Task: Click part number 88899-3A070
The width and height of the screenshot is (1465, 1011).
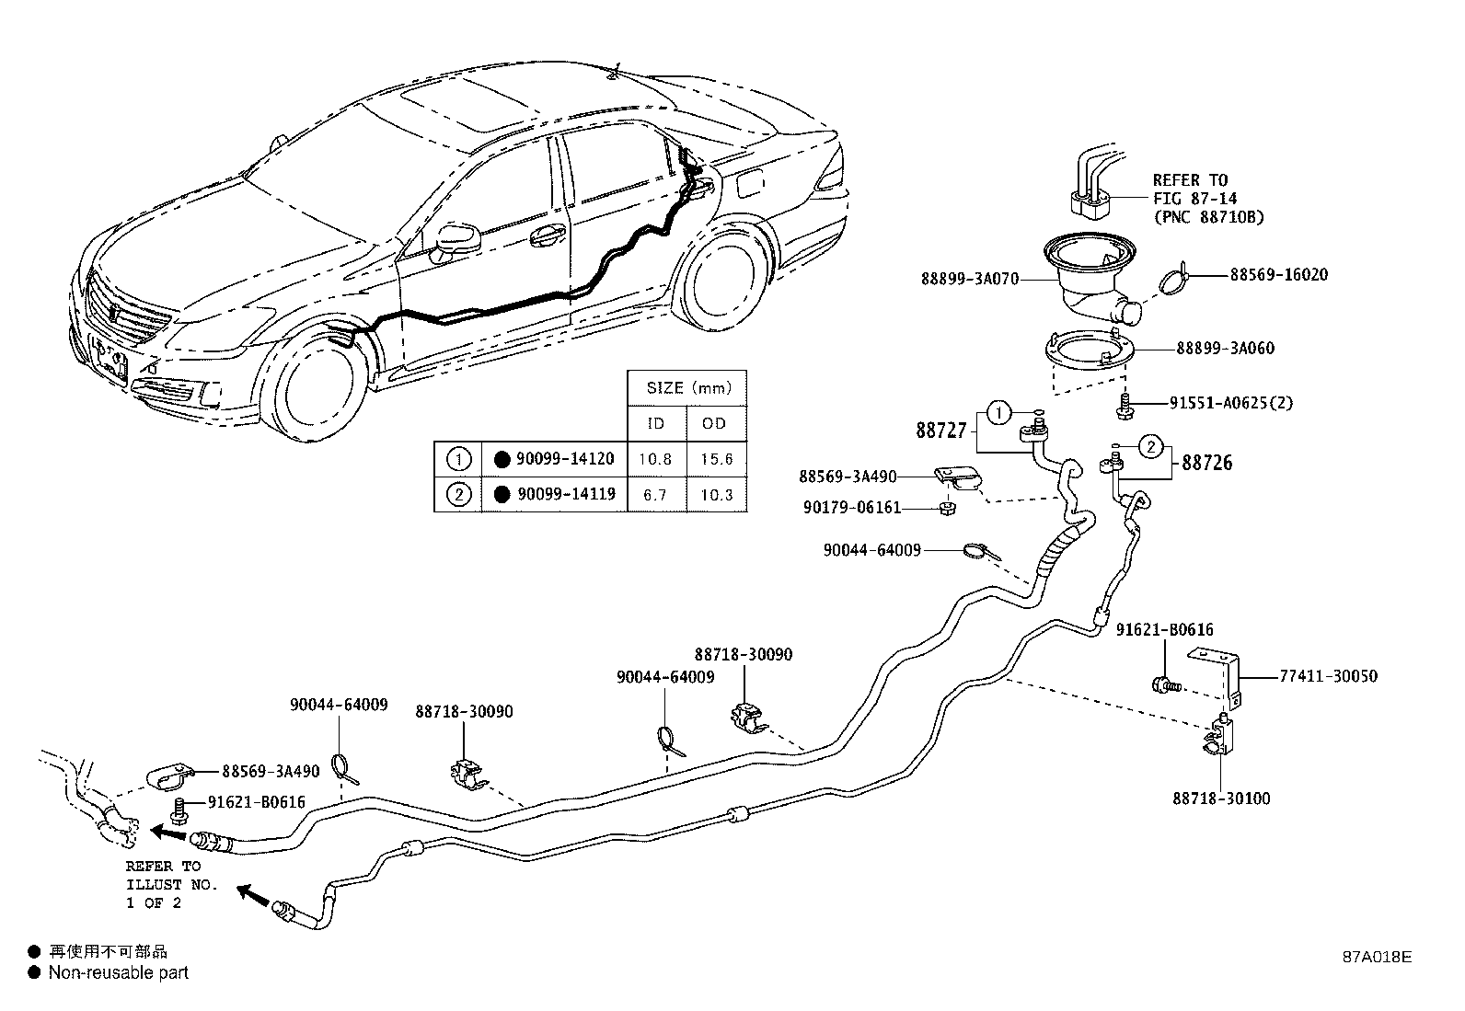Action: (969, 278)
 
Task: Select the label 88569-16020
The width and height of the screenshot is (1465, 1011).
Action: (1278, 275)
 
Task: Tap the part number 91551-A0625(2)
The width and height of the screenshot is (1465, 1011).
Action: (1230, 403)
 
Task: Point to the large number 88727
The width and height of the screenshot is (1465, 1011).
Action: (940, 430)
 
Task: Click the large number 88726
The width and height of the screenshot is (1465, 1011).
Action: (1207, 463)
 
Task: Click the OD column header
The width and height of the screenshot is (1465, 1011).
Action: (714, 423)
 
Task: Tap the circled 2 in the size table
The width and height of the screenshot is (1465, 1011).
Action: (458, 494)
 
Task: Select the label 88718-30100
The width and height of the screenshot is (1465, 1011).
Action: (1221, 798)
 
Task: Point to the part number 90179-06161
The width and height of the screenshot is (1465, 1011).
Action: (849, 508)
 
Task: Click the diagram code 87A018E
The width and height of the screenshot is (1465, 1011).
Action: (1375, 956)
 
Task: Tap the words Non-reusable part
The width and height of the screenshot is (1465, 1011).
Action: (118, 972)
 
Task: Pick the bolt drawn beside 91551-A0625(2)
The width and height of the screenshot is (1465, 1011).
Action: (1125, 403)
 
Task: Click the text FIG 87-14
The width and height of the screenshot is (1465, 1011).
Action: (1194, 199)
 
